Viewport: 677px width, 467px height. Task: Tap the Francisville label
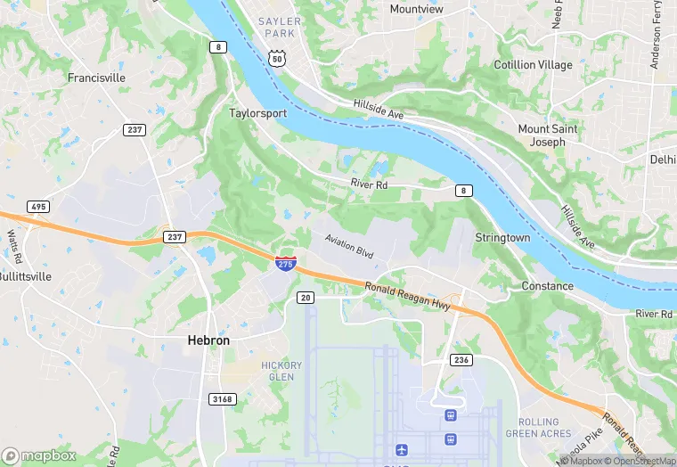[96, 78]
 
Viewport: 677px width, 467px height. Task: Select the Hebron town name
[208, 340]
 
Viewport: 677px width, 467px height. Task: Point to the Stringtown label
[502, 238]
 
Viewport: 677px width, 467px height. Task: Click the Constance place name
[547, 286]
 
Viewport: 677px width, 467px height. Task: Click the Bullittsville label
[26, 277]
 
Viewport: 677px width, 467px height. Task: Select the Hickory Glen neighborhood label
[281, 371]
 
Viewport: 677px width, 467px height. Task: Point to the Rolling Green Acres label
[538, 428]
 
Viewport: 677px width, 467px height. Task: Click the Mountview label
[416, 9]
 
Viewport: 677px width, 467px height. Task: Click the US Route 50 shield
[278, 57]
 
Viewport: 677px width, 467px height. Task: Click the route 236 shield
[461, 360]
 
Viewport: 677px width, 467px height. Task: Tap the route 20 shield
[306, 297]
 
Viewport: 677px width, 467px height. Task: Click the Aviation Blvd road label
[348, 247]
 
